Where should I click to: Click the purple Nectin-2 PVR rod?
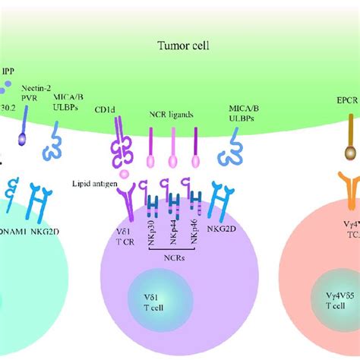point(30,120)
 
